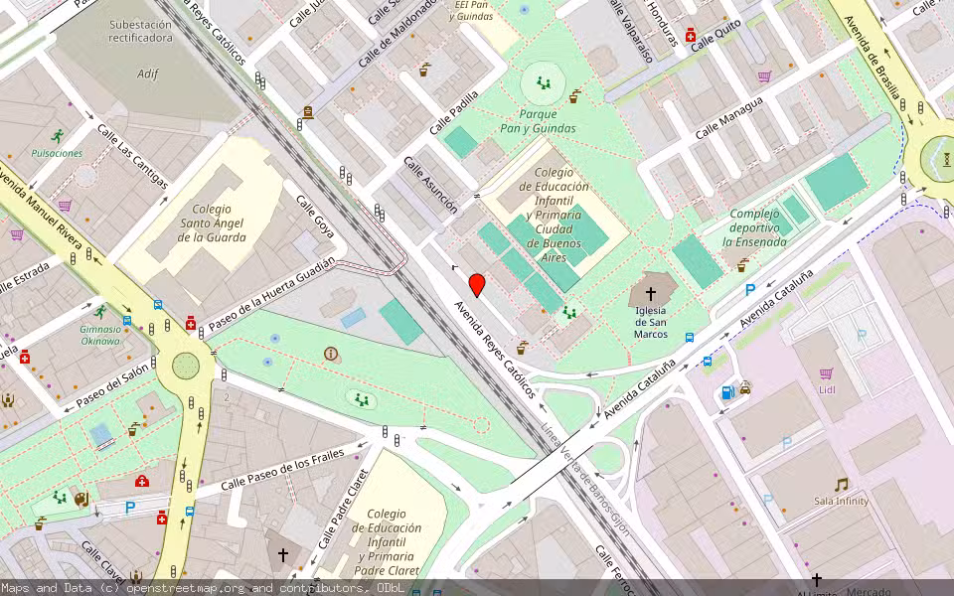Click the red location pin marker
(x=477, y=285)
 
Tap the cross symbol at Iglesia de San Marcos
(x=651, y=294)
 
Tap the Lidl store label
(x=826, y=389)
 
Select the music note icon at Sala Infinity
(x=841, y=485)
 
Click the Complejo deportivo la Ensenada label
(x=761, y=227)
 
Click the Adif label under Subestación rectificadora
(x=148, y=74)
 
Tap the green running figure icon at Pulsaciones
(x=58, y=136)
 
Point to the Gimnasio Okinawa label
(x=100, y=335)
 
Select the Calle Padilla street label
(x=454, y=113)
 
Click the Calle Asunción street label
(x=430, y=185)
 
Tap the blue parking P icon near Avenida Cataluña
(x=750, y=289)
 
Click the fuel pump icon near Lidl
(x=727, y=391)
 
